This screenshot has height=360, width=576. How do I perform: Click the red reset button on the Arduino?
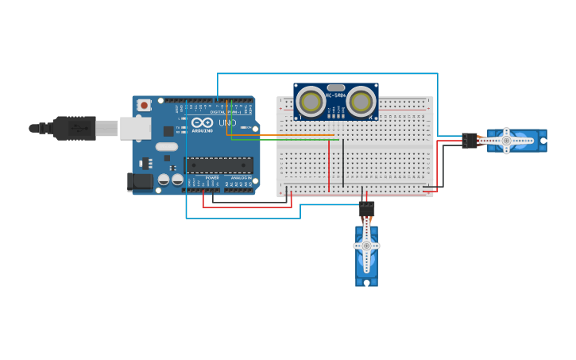coord(144,105)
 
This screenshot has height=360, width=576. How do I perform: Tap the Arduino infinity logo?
coord(202,123)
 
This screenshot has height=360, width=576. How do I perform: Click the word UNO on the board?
coord(227,123)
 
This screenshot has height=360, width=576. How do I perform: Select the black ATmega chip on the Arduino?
coord(220,165)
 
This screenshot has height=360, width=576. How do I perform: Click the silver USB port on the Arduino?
coord(135,128)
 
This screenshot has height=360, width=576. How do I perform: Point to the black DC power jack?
coord(141,182)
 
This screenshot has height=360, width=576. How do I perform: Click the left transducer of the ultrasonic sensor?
coord(311,101)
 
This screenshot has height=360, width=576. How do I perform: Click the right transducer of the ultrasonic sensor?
coord(361,101)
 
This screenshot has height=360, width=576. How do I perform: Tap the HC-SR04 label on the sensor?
coord(335,96)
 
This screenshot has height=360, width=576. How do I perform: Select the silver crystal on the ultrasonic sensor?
coord(336,87)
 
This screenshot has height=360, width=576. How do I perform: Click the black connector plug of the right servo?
coord(470,141)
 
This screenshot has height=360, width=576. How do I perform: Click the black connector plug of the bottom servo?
coord(366,209)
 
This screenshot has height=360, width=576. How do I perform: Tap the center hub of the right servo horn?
coord(506,141)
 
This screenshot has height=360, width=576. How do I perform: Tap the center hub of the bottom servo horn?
coord(366,246)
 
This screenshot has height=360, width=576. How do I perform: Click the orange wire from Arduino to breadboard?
coord(278,135)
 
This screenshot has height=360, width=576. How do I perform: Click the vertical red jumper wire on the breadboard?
coord(329,165)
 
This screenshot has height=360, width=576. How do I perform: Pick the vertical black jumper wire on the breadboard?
coord(343,163)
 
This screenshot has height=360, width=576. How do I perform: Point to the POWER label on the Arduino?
coord(212,177)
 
